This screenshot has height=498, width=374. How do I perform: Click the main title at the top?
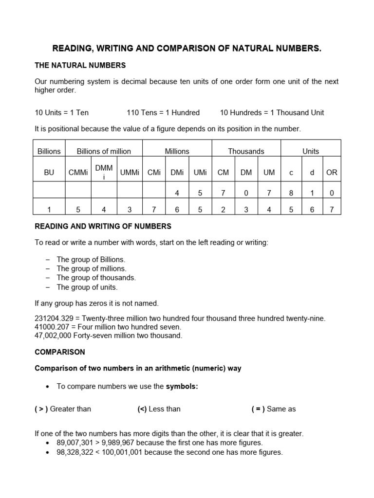(187, 49)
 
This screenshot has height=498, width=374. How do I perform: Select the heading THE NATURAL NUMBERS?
(80, 65)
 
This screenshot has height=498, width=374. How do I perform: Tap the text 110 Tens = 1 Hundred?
(163, 112)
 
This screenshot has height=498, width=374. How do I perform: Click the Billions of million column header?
(104, 151)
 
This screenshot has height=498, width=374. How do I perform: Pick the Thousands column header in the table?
(246, 151)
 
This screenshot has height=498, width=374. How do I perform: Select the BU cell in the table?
(49, 172)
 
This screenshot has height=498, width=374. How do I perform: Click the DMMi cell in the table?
(104, 172)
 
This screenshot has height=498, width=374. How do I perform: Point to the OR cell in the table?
(332, 172)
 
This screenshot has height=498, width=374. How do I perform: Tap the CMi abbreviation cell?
(153, 172)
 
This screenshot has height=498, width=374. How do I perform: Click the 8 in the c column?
(291, 193)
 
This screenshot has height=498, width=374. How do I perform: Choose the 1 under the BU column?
(49, 210)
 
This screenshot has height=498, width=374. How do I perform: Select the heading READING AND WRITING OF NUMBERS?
(103, 226)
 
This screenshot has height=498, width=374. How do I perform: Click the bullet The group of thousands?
(96, 278)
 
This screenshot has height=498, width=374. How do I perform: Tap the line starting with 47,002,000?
(109, 336)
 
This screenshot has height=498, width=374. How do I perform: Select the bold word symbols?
(183, 386)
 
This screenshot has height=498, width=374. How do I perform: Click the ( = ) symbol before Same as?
(258, 409)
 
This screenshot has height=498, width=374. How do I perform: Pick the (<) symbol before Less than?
(142, 409)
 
